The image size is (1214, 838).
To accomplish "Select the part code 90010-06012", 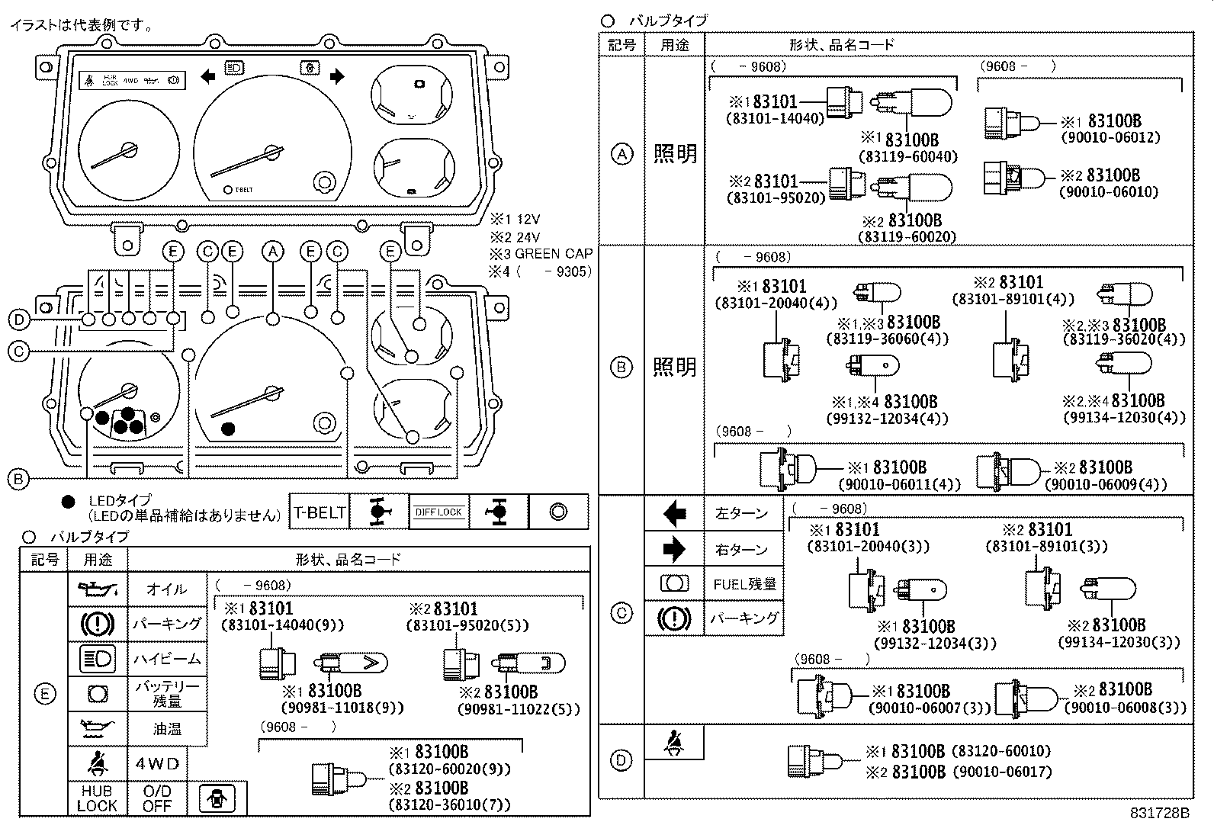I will tap(1110, 137).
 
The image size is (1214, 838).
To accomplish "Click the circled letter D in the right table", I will tap(622, 759).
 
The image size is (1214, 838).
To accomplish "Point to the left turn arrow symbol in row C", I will tap(674, 513).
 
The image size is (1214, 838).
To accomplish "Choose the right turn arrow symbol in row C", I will tap(674, 549).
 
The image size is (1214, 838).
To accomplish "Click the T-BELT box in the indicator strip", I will tap(320, 512).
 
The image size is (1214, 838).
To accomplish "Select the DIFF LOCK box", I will tap(439, 512).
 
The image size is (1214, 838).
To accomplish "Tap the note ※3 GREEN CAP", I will tap(541, 254).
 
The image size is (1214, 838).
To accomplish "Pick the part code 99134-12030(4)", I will tap(1124, 418).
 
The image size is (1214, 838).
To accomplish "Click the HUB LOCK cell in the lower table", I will tap(97, 798).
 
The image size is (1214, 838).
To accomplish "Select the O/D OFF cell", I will tap(157, 798).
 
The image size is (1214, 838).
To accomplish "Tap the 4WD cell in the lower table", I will tap(157, 764).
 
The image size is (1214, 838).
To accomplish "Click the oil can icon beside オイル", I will tap(98, 589).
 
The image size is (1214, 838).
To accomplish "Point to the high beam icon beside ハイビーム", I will tap(98, 658).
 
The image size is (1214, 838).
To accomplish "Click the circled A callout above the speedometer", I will tap(272, 252).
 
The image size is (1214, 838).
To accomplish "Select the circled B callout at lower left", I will tap(18, 479).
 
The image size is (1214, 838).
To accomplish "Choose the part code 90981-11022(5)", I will tap(518, 708).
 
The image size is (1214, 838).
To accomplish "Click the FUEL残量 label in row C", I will tap(743, 584).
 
